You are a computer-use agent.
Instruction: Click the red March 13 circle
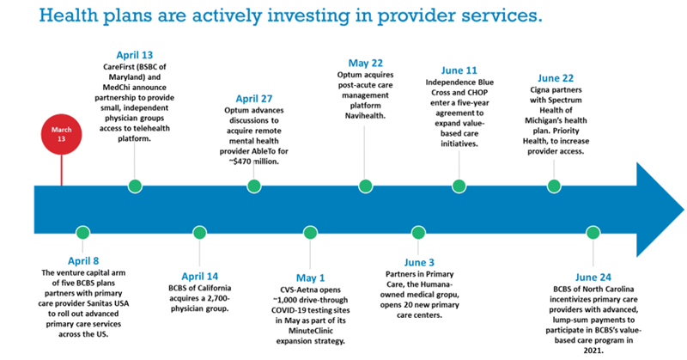(x=61, y=134)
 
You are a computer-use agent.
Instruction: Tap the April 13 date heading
(x=135, y=55)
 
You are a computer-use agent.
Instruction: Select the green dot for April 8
(x=82, y=232)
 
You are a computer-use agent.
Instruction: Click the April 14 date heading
(x=200, y=277)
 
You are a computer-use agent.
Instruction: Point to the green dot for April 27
(x=254, y=186)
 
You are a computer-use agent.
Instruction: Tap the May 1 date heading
(x=310, y=278)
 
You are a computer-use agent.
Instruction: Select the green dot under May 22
(x=366, y=186)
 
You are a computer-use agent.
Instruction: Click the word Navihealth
(x=365, y=116)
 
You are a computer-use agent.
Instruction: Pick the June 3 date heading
(x=419, y=262)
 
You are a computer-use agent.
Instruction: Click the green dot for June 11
(x=459, y=186)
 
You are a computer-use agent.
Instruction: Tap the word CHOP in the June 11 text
(x=478, y=93)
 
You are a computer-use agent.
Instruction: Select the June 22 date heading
(x=556, y=78)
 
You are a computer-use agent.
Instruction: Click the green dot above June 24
(x=593, y=232)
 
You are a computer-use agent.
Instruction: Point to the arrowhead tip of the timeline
(x=684, y=209)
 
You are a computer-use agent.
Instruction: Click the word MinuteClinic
(x=310, y=331)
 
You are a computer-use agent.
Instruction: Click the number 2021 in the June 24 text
(x=593, y=351)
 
